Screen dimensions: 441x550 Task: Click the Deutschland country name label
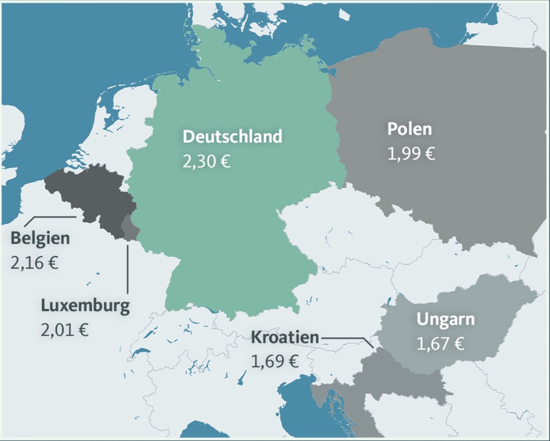pyautogui.click(x=232, y=136)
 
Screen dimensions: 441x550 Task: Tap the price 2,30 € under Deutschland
pyautogui.click(x=206, y=161)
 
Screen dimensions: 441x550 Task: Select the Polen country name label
pyautogui.click(x=410, y=129)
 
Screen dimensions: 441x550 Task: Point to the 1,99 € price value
pyautogui.click(x=411, y=154)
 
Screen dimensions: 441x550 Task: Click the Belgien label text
pyautogui.click(x=40, y=238)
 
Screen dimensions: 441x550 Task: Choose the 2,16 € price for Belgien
pyautogui.click(x=34, y=263)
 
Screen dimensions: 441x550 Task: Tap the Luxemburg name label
pyautogui.click(x=85, y=306)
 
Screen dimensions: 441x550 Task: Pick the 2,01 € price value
pyautogui.click(x=64, y=331)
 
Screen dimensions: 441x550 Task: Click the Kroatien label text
pyautogui.click(x=285, y=337)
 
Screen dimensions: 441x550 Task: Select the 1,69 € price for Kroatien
pyautogui.click(x=275, y=361)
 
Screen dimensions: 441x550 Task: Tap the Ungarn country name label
pyautogui.click(x=445, y=319)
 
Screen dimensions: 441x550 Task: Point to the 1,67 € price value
pyautogui.click(x=440, y=344)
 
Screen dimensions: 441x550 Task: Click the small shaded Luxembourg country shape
pyautogui.click(x=129, y=227)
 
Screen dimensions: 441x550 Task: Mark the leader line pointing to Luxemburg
pyautogui.click(x=127, y=270)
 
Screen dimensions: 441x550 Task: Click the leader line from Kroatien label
pyautogui.click(x=344, y=338)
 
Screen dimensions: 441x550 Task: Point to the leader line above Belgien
pyautogui.click(x=50, y=217)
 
